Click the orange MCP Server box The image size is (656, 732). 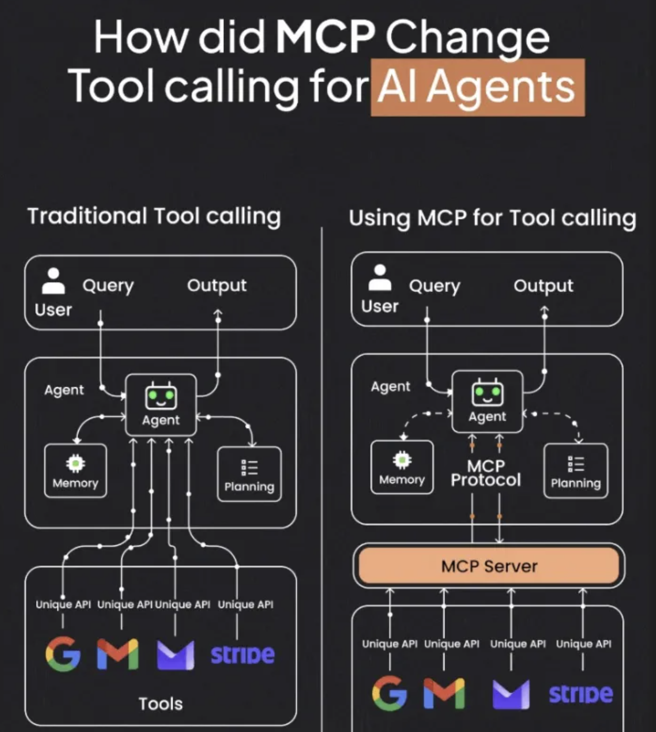pyautogui.click(x=489, y=566)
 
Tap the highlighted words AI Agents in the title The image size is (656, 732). pyautogui.click(x=477, y=87)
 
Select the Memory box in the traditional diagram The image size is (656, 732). pyautogui.click(x=75, y=471)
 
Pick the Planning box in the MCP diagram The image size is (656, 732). pyautogui.click(x=576, y=471)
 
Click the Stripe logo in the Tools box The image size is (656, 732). pyautogui.click(x=242, y=654)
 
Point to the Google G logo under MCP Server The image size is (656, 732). pyautogui.click(x=389, y=693)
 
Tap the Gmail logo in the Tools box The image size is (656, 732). pyautogui.click(x=118, y=654)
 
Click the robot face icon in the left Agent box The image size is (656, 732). pyautogui.click(x=161, y=397)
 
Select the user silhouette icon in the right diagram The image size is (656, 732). pyautogui.click(x=380, y=278)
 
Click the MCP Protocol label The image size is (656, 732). pyautogui.click(x=485, y=473)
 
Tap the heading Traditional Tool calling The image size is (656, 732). pyautogui.click(x=154, y=216)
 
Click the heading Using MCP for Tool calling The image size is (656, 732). pyautogui.click(x=492, y=218)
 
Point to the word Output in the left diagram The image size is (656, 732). pyautogui.click(x=217, y=285)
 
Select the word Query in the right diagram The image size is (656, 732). pyautogui.click(x=434, y=286)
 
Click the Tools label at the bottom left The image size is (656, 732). pyautogui.click(x=160, y=703)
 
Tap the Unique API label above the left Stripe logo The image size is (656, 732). pyautogui.click(x=245, y=604)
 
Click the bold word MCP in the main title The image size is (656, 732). pyautogui.click(x=325, y=37)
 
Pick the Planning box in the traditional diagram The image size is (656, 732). pyautogui.click(x=249, y=474)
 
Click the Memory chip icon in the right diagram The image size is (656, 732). pyautogui.click(x=402, y=460)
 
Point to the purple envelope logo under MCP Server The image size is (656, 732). pyautogui.click(x=511, y=694)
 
